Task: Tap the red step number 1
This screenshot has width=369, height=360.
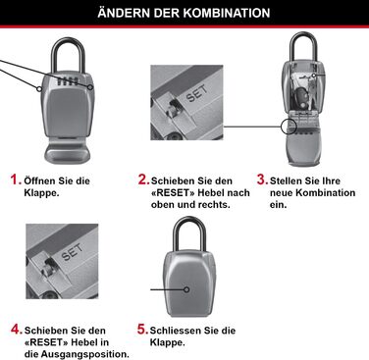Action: point(16,180)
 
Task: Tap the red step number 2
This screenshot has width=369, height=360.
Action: point(143,180)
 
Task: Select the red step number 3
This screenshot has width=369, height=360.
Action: point(262,180)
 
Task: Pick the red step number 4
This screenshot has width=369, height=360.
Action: point(16,329)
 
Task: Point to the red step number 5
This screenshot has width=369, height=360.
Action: point(143,329)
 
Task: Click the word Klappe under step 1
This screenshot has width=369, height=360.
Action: point(44,193)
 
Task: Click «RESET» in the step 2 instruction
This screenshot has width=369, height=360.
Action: point(175,193)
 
